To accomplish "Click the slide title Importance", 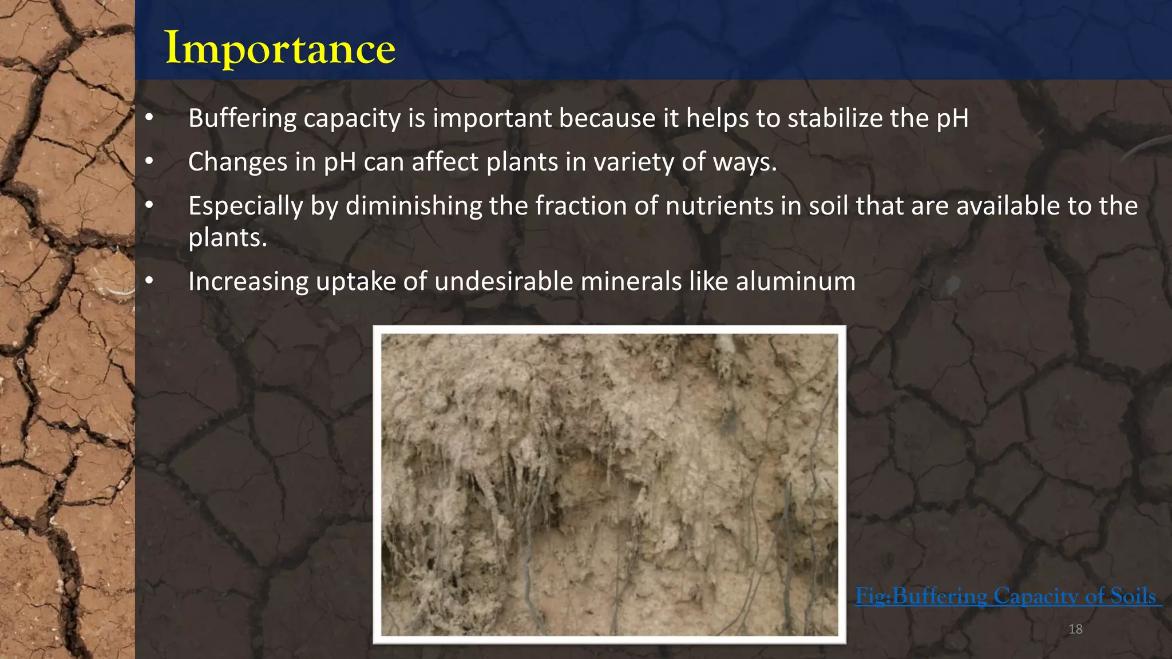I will [x=280, y=48].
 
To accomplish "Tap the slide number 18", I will [x=1075, y=629].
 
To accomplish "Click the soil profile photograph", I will [x=609, y=484].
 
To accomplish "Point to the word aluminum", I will [x=795, y=281].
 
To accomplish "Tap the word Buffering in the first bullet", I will [x=242, y=118].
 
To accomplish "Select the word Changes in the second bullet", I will [x=237, y=162].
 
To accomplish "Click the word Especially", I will [x=245, y=207].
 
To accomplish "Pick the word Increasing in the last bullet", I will [x=248, y=282].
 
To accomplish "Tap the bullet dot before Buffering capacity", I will [x=149, y=118].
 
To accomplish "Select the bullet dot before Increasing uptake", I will [x=149, y=281].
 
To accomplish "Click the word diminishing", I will [x=414, y=206].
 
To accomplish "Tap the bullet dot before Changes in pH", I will [x=149, y=161].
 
